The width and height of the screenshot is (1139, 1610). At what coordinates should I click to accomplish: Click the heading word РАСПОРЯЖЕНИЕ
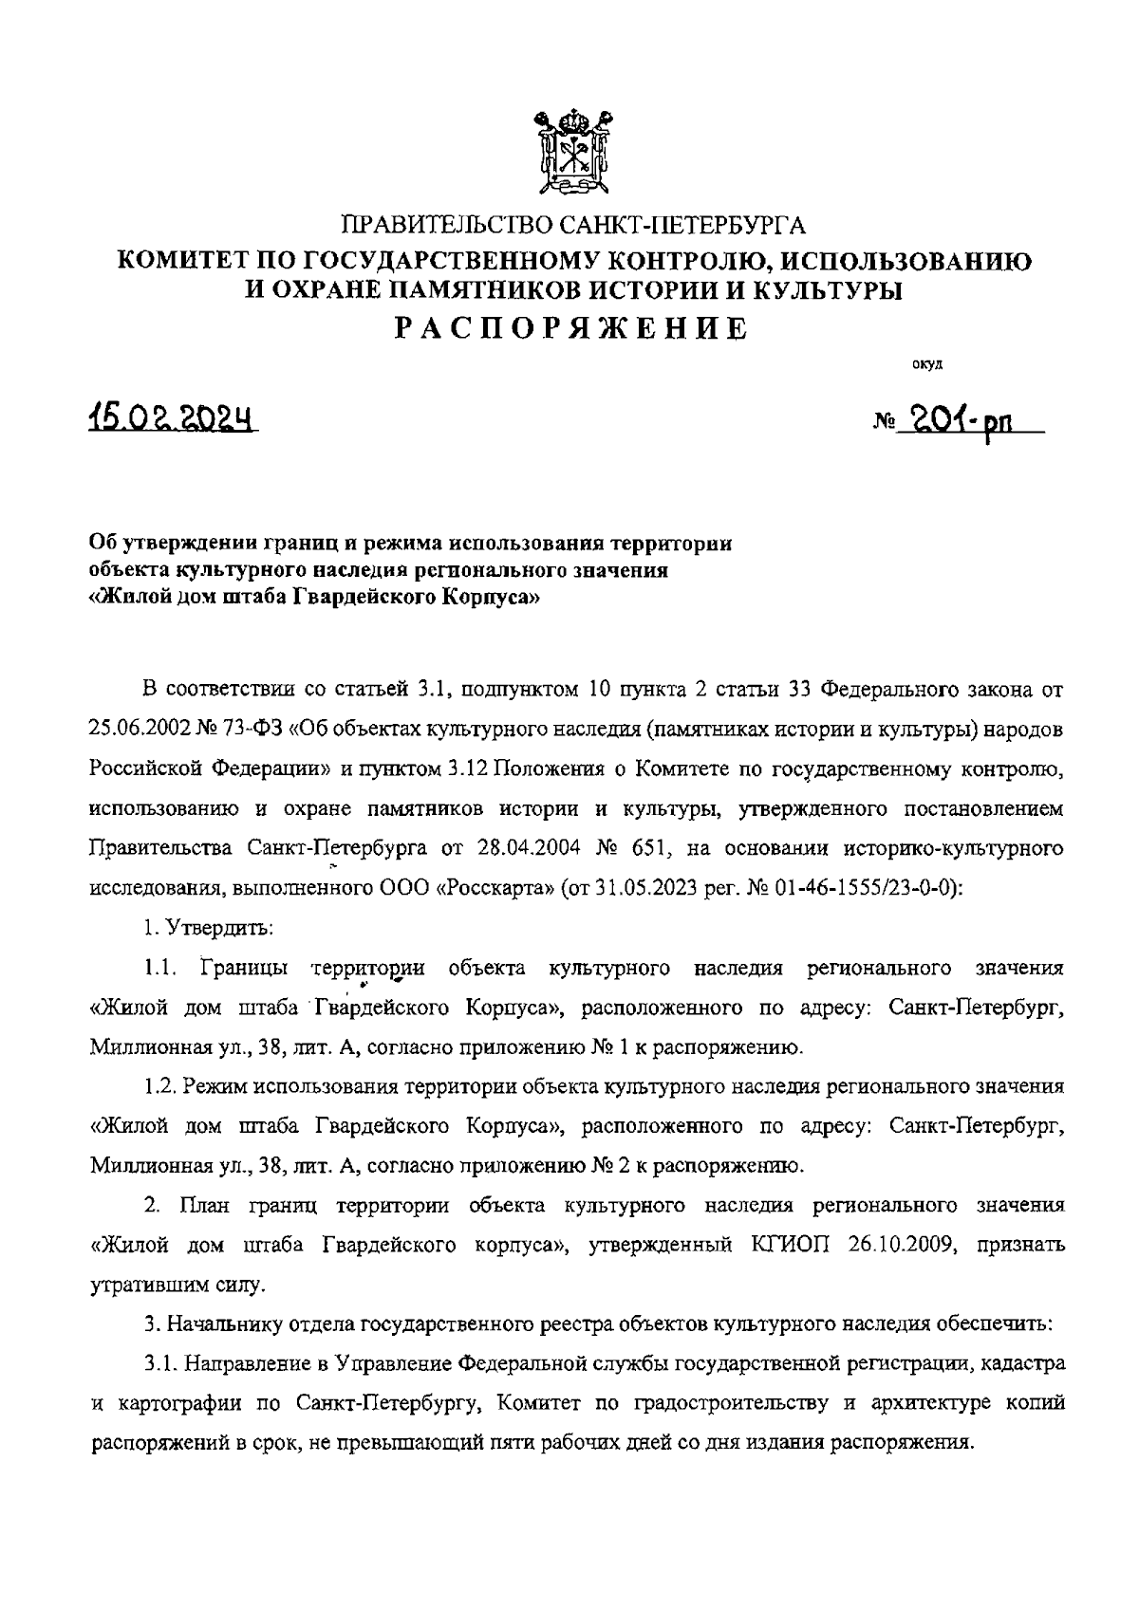[x=571, y=328]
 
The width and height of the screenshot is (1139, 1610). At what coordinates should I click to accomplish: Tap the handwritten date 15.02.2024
[x=173, y=417]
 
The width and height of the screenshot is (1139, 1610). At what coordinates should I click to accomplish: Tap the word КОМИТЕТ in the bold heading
[x=181, y=260]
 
